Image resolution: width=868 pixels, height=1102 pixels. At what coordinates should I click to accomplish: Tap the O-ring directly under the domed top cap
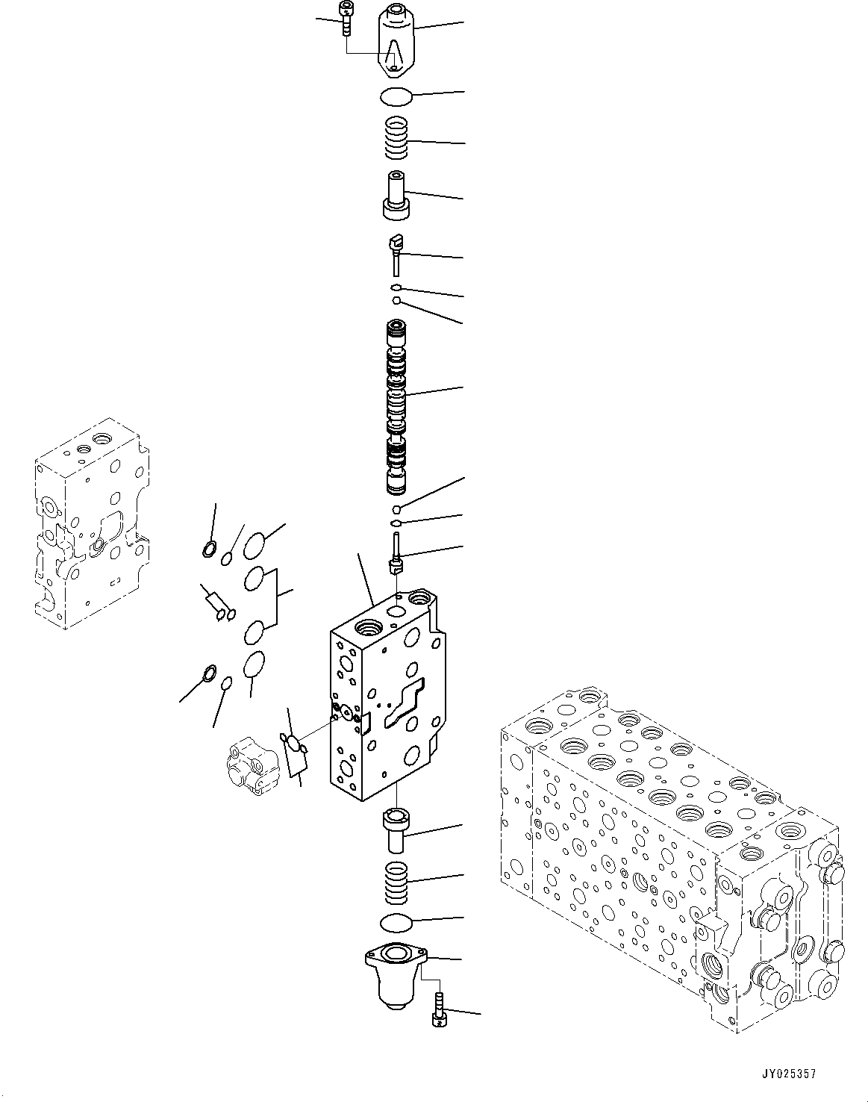[394, 96]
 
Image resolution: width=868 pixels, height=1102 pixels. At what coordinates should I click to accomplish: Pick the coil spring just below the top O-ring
[396, 139]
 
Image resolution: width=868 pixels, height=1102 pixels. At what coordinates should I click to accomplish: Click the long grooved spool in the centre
[396, 408]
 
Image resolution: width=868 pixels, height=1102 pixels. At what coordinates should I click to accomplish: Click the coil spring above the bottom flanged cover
[395, 881]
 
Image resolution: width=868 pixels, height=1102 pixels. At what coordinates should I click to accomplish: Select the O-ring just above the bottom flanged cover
[395, 922]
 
